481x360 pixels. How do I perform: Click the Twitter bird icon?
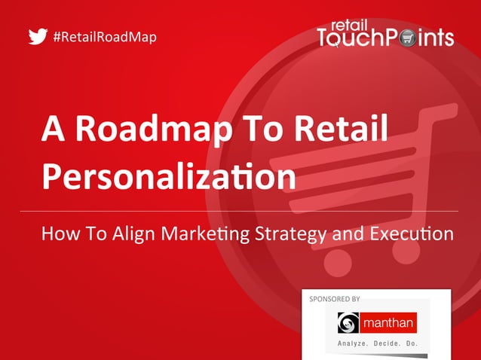pos(38,36)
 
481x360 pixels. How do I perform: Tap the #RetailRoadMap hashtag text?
pos(106,36)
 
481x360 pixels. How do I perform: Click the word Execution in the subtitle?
pos(410,233)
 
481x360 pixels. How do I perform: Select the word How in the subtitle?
pos(59,233)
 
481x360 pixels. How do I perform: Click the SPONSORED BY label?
pos(335,299)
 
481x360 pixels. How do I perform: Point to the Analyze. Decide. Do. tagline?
pos(377,345)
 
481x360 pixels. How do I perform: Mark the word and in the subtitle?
pos(348,233)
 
